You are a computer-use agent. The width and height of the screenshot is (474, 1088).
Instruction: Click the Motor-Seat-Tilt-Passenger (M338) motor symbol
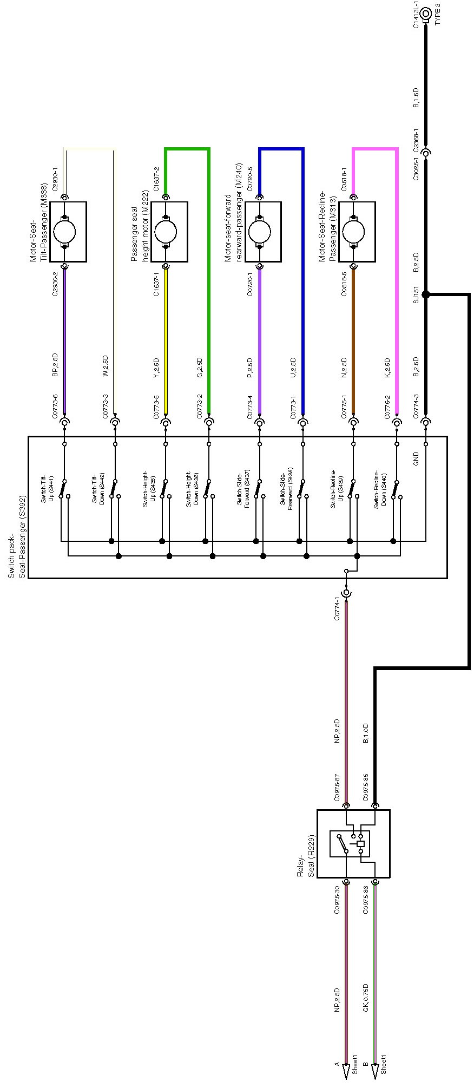(x=68, y=232)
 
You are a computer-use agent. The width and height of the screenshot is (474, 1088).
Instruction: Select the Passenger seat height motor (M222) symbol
(x=169, y=232)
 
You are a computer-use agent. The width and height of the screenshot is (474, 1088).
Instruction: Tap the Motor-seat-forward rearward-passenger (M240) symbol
(x=263, y=232)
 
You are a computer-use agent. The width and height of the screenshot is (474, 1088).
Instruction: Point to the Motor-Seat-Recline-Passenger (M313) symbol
(x=357, y=232)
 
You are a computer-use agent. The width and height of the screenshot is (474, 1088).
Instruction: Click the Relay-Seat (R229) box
(x=353, y=843)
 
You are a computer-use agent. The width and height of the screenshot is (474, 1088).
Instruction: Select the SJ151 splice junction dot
(x=425, y=294)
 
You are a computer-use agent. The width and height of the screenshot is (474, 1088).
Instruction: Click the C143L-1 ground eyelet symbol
(x=426, y=13)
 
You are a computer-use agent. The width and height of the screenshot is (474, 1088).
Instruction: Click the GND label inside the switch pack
(x=416, y=459)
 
